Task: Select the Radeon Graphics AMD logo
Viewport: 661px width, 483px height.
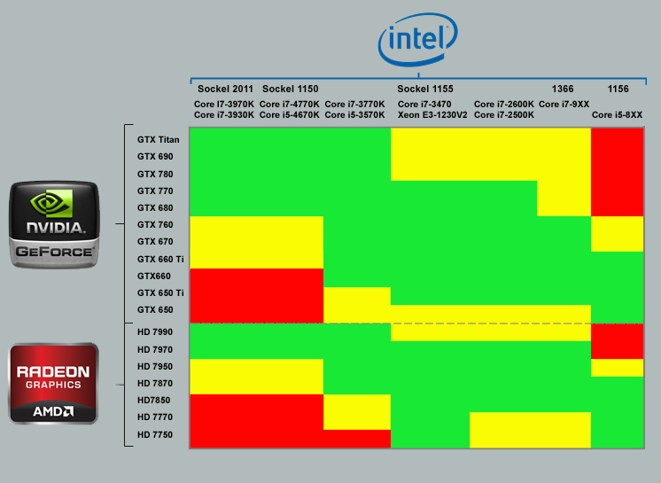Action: (53, 383)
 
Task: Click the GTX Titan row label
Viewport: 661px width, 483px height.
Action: (159, 139)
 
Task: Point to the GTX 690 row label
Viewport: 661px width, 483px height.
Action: (155, 157)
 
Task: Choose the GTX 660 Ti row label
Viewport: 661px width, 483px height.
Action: (160, 259)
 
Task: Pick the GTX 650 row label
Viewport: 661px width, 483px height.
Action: (155, 310)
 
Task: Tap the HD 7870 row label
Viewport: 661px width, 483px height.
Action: (155, 384)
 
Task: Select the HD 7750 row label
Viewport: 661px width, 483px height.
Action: (155, 435)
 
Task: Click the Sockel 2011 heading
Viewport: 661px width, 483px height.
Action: (225, 90)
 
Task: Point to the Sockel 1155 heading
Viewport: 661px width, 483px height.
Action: (425, 90)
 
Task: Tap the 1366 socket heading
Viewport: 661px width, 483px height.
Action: (563, 90)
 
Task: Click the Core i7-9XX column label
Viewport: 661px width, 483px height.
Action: (564, 105)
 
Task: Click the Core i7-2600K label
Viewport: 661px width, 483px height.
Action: (504, 105)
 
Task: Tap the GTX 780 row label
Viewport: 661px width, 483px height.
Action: (155, 174)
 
